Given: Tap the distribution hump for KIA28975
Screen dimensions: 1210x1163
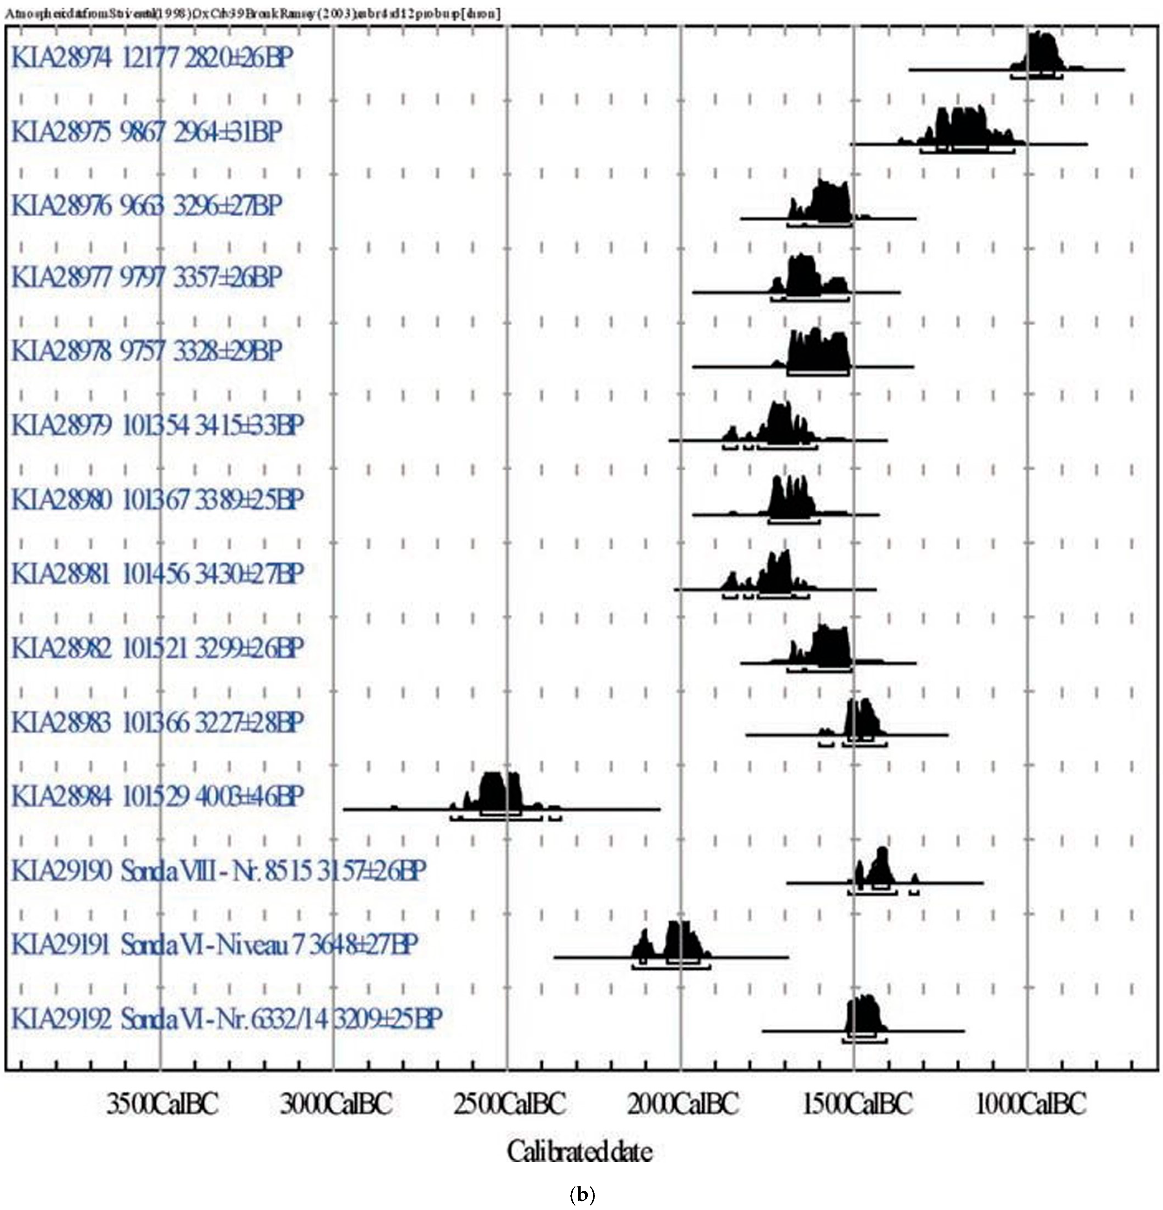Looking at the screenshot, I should [963, 127].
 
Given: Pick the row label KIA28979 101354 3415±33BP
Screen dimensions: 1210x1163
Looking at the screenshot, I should [157, 426].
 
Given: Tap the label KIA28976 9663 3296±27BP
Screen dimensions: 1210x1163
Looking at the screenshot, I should [146, 206].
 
